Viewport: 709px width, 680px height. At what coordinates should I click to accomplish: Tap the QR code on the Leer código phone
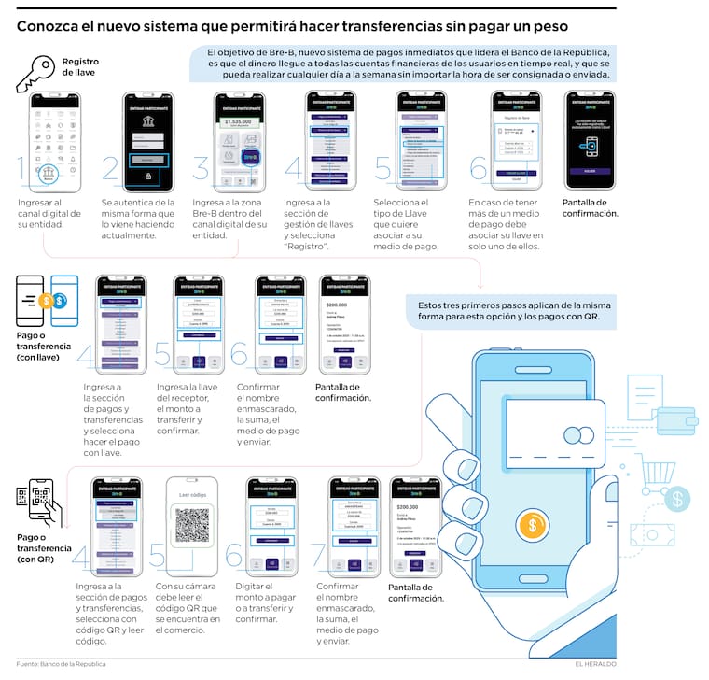coord(191,526)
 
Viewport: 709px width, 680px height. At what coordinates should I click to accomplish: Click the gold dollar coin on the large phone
coord(533,525)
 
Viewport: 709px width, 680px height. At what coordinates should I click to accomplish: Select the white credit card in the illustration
coord(552,429)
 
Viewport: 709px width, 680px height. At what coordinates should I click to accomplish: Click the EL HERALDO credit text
coord(595,664)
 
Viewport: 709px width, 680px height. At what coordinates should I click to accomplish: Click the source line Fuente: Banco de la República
coord(62,664)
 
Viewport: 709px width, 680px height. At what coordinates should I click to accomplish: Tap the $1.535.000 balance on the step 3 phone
coord(239,120)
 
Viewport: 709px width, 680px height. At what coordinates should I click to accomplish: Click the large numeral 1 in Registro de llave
coord(25,170)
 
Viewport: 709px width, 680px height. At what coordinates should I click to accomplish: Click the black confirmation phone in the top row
coord(589,140)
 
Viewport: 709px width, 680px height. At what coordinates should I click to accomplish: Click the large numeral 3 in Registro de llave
coord(201,170)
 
